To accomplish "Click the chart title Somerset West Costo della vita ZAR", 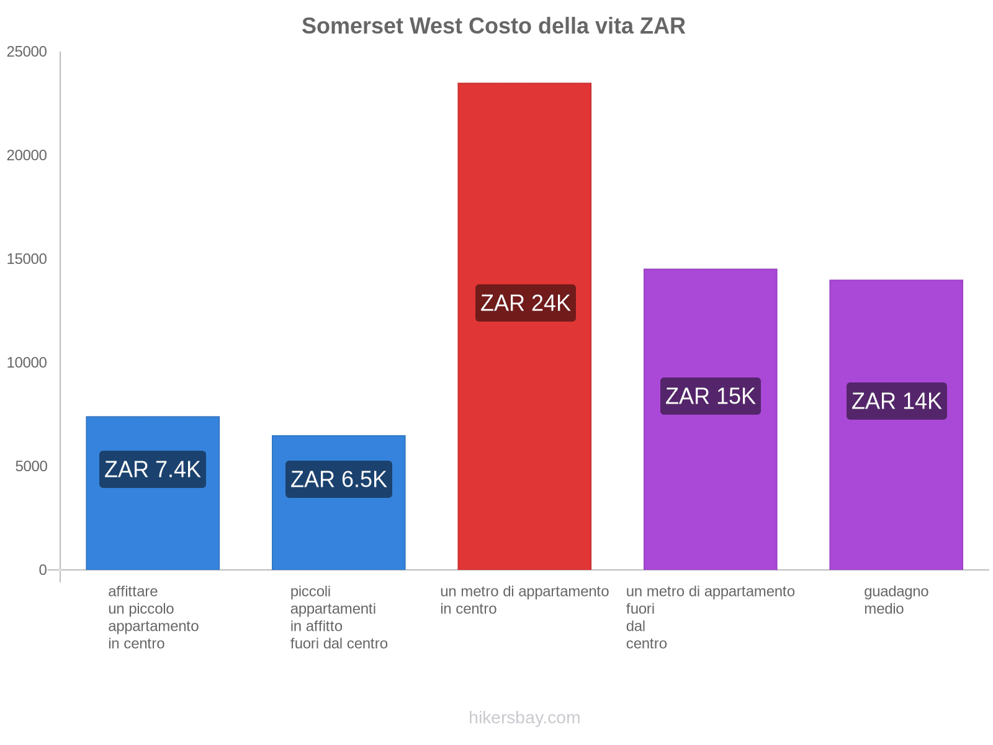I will (493, 26).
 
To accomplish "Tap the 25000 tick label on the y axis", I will (27, 52).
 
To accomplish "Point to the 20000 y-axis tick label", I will (27, 156).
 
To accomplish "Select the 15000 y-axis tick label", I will (27, 260).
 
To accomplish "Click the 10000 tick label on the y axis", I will (27, 363).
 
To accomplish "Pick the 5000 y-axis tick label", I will (31, 467).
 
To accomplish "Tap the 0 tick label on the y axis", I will (43, 570).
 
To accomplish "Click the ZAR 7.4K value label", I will (153, 469).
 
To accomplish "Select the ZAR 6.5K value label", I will (339, 479).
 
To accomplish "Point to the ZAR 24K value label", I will (525, 303).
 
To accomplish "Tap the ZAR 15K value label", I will (711, 396).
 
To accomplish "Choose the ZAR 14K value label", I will (897, 401).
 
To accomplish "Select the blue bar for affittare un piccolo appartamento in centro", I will (153, 528).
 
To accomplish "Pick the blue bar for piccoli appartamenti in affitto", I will (339, 534).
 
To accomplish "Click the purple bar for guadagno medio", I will (896, 497).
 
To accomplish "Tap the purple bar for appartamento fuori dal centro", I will (711, 497).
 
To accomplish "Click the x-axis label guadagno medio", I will (896, 600).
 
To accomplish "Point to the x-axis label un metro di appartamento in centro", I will (524, 600).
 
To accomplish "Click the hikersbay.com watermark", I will (524, 718).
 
